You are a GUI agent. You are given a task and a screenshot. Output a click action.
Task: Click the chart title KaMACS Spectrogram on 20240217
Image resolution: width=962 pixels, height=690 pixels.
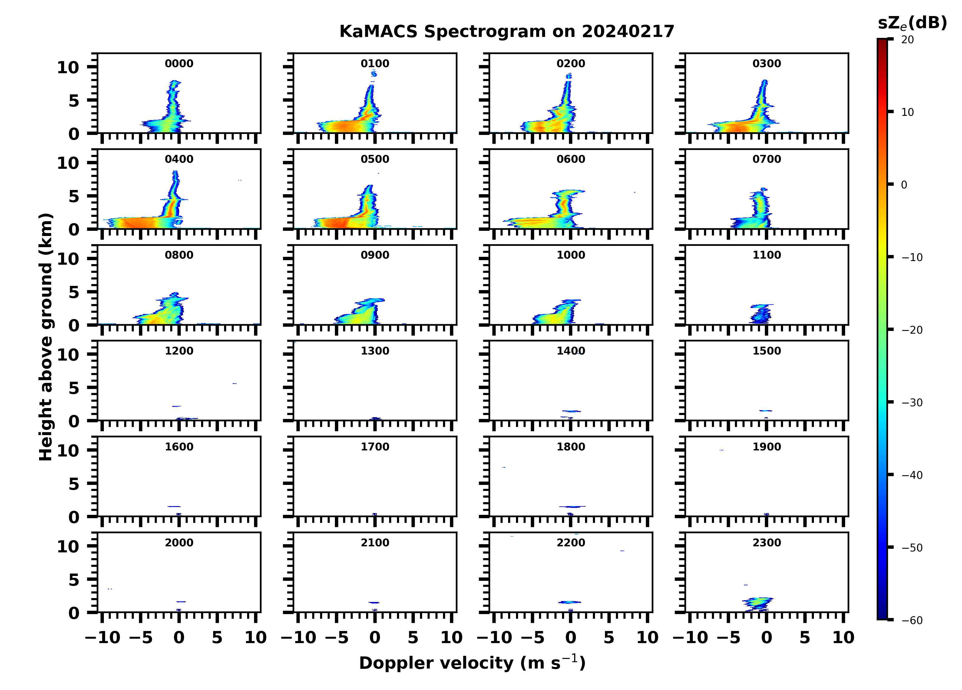coord(507,32)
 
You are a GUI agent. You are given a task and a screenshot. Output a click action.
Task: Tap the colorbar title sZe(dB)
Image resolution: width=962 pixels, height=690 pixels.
coord(912,23)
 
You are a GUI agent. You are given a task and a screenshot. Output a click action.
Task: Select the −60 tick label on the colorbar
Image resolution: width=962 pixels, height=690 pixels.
coord(912,620)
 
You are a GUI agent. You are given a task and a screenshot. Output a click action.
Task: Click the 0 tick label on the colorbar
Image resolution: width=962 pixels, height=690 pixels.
coord(904,185)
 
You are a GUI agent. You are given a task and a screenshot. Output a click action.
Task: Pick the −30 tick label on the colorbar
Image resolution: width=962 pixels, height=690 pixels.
coord(912,403)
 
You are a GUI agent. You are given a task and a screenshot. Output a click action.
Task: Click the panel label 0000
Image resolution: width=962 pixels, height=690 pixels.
coord(179,64)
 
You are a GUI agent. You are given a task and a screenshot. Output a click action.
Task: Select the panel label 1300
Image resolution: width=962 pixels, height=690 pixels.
coord(375,351)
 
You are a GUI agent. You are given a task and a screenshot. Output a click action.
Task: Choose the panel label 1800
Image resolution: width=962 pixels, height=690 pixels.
coord(570,447)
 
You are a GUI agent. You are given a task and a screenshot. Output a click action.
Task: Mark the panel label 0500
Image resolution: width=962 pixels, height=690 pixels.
coord(375,159)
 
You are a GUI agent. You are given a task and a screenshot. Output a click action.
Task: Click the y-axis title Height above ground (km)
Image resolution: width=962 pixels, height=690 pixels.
coord(46,337)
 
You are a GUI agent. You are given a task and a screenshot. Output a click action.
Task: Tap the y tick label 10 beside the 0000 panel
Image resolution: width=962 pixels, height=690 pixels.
coord(68,67)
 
